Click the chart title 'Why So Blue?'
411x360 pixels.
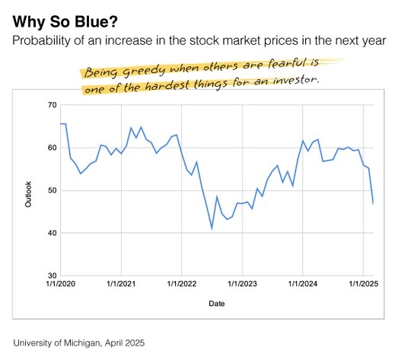point(65,22)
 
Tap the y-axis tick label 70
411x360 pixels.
point(53,105)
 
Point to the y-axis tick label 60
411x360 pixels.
point(53,148)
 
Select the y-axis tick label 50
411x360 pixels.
point(53,190)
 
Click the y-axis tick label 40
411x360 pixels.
point(53,233)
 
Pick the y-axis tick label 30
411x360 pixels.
point(53,276)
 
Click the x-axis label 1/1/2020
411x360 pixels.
point(61,284)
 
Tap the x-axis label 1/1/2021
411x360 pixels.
point(121,284)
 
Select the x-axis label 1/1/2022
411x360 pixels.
point(182,284)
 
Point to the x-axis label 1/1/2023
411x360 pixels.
point(242,284)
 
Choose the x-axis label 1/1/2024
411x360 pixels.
point(303,284)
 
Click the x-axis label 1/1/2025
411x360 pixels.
point(363,284)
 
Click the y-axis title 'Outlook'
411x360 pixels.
point(28,194)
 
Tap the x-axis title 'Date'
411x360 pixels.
point(217,304)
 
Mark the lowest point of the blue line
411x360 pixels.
point(212,228)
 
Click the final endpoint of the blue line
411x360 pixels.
point(373,204)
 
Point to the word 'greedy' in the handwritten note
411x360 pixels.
point(144,71)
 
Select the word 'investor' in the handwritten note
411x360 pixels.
point(295,80)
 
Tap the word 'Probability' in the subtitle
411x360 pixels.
point(41,41)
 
